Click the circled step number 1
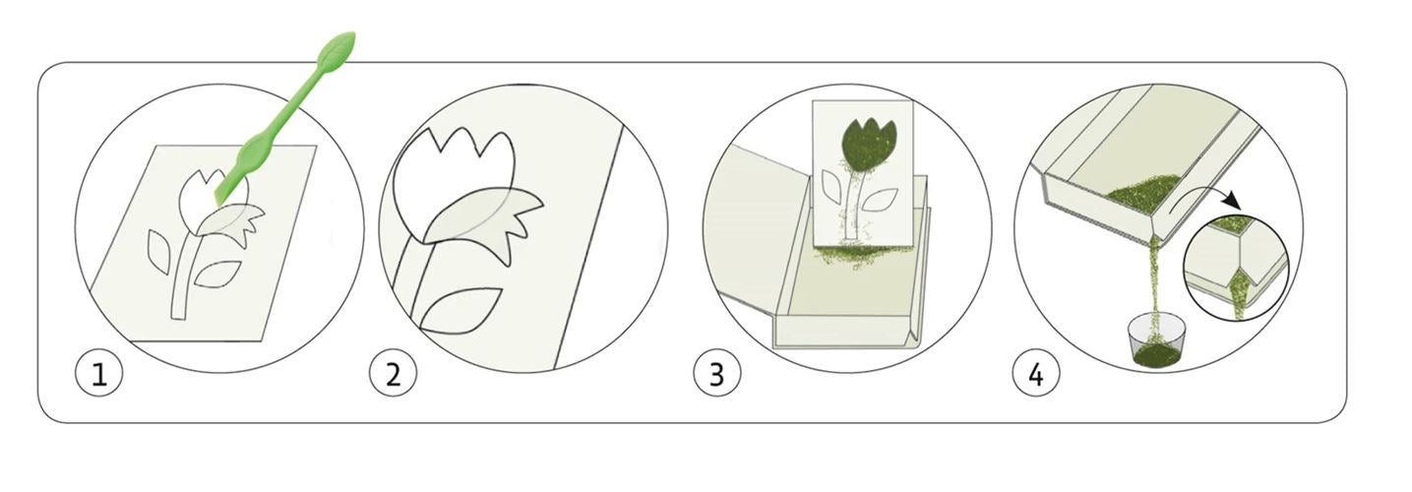[x=99, y=375]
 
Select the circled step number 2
[x=393, y=375]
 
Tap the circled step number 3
[x=717, y=375]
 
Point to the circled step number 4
[x=1036, y=375]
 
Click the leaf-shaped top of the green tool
[x=335, y=51]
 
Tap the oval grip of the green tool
[x=256, y=152]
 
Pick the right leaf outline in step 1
[x=216, y=275]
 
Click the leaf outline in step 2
[x=460, y=310]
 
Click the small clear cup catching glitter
[x=1152, y=341]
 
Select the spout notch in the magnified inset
[x=1240, y=283]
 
